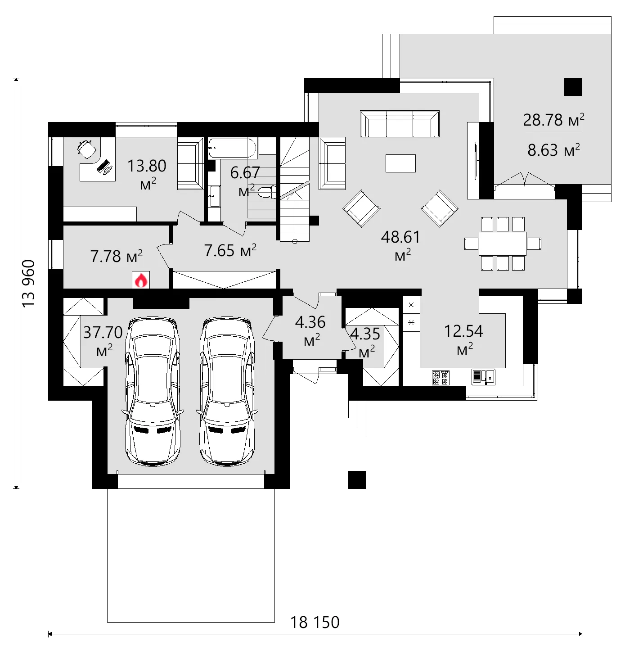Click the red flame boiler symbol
[141, 280]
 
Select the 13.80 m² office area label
[147, 173]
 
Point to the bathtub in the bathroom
[232, 149]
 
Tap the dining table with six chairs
[503, 244]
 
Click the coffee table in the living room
[400, 163]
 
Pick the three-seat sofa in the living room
[400, 124]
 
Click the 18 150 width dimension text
[315, 622]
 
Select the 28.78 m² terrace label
[553, 120]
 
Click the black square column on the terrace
[573, 87]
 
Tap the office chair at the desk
[86, 149]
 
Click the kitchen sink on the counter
[483, 376]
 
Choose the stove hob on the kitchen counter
[441, 377]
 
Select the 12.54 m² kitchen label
[463, 339]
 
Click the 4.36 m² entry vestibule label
[310, 330]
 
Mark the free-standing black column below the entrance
[357, 480]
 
